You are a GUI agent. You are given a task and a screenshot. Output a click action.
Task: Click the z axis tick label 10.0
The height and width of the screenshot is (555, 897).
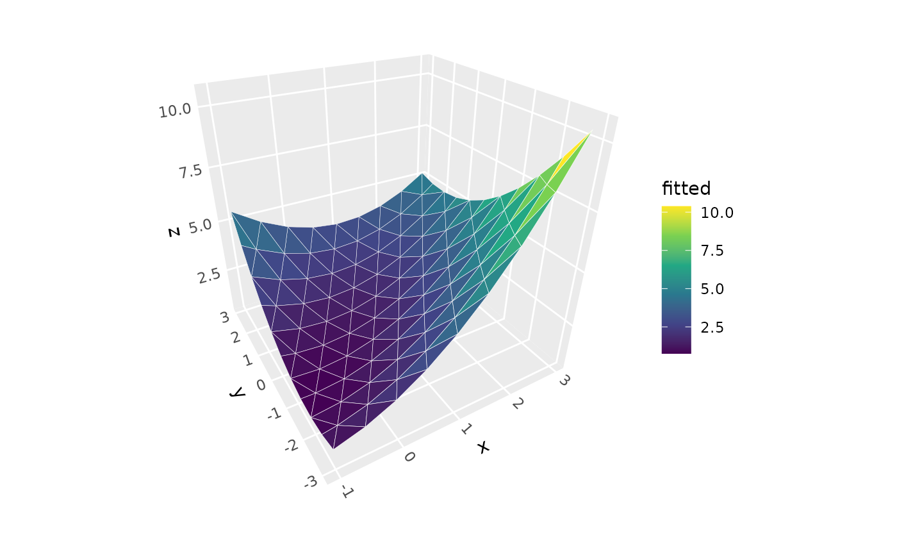[175, 110]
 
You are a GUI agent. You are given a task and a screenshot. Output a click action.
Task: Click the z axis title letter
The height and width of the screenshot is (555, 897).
[174, 231]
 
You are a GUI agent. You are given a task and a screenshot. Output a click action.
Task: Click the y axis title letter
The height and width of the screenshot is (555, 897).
[238, 392]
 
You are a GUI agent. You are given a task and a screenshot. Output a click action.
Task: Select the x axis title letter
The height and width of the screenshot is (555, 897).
[483, 447]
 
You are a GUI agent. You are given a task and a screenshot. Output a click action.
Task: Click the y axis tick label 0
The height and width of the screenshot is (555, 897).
[261, 385]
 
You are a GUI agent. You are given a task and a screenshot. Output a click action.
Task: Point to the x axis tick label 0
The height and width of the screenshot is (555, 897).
[409, 456]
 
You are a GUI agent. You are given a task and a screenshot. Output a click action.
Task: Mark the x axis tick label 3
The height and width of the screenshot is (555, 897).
[564, 379]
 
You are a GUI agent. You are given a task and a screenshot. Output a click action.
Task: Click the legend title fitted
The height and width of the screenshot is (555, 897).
[686, 188]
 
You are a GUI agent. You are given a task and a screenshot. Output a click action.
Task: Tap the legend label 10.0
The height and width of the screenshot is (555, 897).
[716, 213]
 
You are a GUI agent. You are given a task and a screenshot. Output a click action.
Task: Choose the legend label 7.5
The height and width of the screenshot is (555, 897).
[712, 251]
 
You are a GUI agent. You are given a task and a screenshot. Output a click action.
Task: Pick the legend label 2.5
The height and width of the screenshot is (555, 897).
[712, 327]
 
